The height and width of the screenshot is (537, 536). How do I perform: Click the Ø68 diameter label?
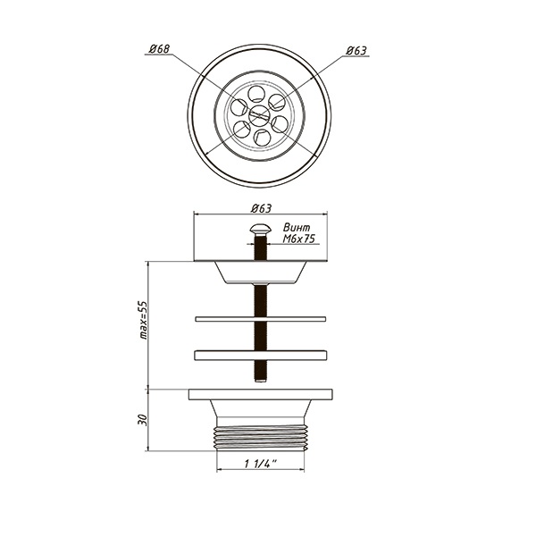tap(159, 49)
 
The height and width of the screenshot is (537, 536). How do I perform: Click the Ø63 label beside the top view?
tap(356, 51)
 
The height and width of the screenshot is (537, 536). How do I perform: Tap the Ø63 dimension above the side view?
tap(261, 208)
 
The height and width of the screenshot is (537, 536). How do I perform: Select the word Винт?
tap(297, 228)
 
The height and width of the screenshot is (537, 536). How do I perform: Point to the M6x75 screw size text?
tap(298, 239)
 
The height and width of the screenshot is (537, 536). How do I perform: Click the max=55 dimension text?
tap(144, 320)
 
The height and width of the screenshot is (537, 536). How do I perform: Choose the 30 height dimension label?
tap(142, 420)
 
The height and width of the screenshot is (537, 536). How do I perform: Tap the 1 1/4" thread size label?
tap(260, 464)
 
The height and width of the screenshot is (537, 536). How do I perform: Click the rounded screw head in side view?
tap(260, 229)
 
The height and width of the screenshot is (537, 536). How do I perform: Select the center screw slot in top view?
tap(259, 115)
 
